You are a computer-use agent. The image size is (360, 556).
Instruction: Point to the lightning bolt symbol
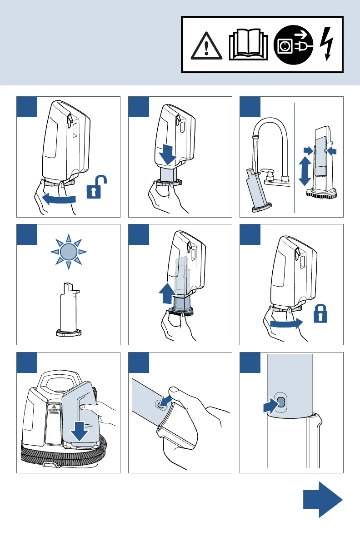tap(328, 44)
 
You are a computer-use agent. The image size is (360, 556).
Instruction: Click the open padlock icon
tap(96, 189)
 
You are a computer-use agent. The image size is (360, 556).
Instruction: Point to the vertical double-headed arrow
tap(304, 171)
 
